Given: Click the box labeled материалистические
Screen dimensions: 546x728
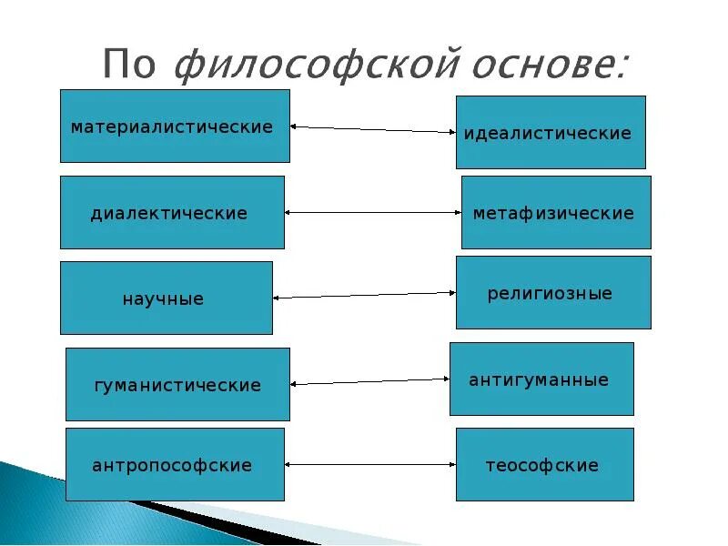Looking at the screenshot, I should click(175, 126).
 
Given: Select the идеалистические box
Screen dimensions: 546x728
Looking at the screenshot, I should click(551, 132).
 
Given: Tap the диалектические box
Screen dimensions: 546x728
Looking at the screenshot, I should click(172, 212).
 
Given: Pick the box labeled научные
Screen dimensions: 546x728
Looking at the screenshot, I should click(167, 298).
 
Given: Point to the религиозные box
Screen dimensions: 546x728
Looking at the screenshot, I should click(553, 292).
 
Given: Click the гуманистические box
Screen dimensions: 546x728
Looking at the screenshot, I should click(177, 384).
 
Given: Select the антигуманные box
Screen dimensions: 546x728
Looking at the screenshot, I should click(541, 379).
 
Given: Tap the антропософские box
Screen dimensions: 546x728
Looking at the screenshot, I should click(175, 464).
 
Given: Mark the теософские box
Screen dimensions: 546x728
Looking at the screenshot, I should click(544, 464).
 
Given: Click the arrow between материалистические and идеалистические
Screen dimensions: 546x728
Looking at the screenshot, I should click(372, 129).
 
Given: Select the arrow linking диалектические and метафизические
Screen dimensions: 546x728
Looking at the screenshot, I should click(373, 212).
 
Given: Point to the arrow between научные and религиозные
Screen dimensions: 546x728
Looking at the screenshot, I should click(364, 295).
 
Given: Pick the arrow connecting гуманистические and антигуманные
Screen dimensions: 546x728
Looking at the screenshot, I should click(370, 381).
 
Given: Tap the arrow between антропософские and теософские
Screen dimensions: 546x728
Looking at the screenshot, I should click(370, 464).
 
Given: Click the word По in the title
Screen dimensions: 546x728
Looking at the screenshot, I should click(132, 66).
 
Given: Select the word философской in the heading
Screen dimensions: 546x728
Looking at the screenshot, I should click(315, 66).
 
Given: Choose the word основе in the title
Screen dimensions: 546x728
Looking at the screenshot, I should click(546, 66).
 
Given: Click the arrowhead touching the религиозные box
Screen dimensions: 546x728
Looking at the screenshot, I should click(450, 292).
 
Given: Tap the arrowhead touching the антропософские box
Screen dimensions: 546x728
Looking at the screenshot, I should click(290, 464).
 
